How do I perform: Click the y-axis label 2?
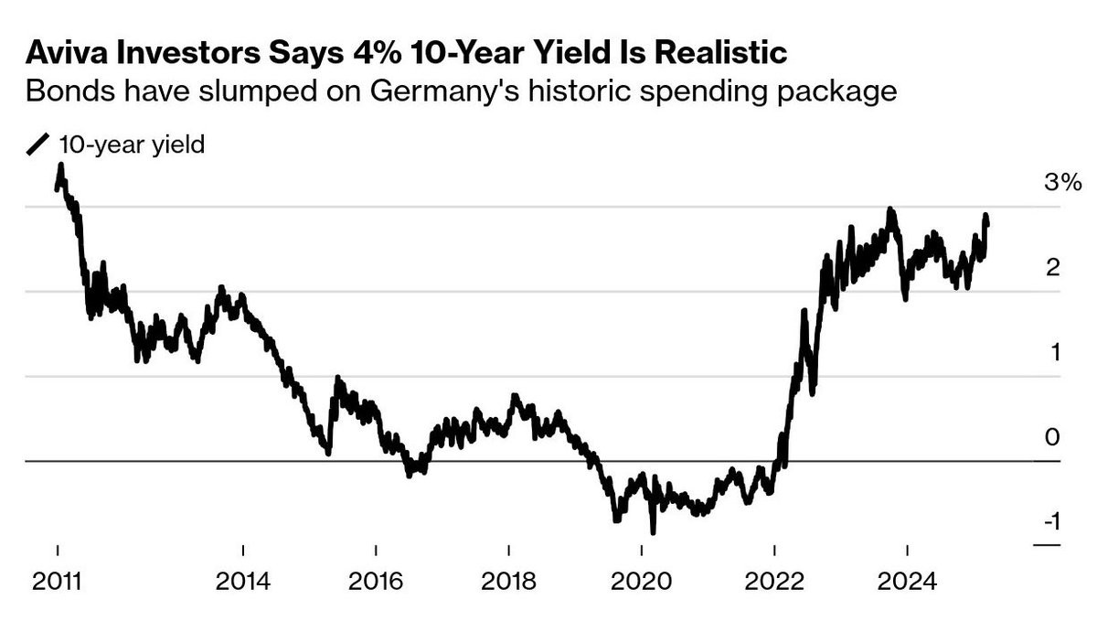click(x=1053, y=267)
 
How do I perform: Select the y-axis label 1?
click(x=1054, y=352)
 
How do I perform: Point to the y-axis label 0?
click(x=1053, y=437)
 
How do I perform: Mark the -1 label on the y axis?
click(x=1050, y=522)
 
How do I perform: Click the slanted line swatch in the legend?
click(x=39, y=145)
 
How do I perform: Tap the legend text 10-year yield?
click(x=132, y=145)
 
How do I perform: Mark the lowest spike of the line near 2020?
click(x=653, y=530)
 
